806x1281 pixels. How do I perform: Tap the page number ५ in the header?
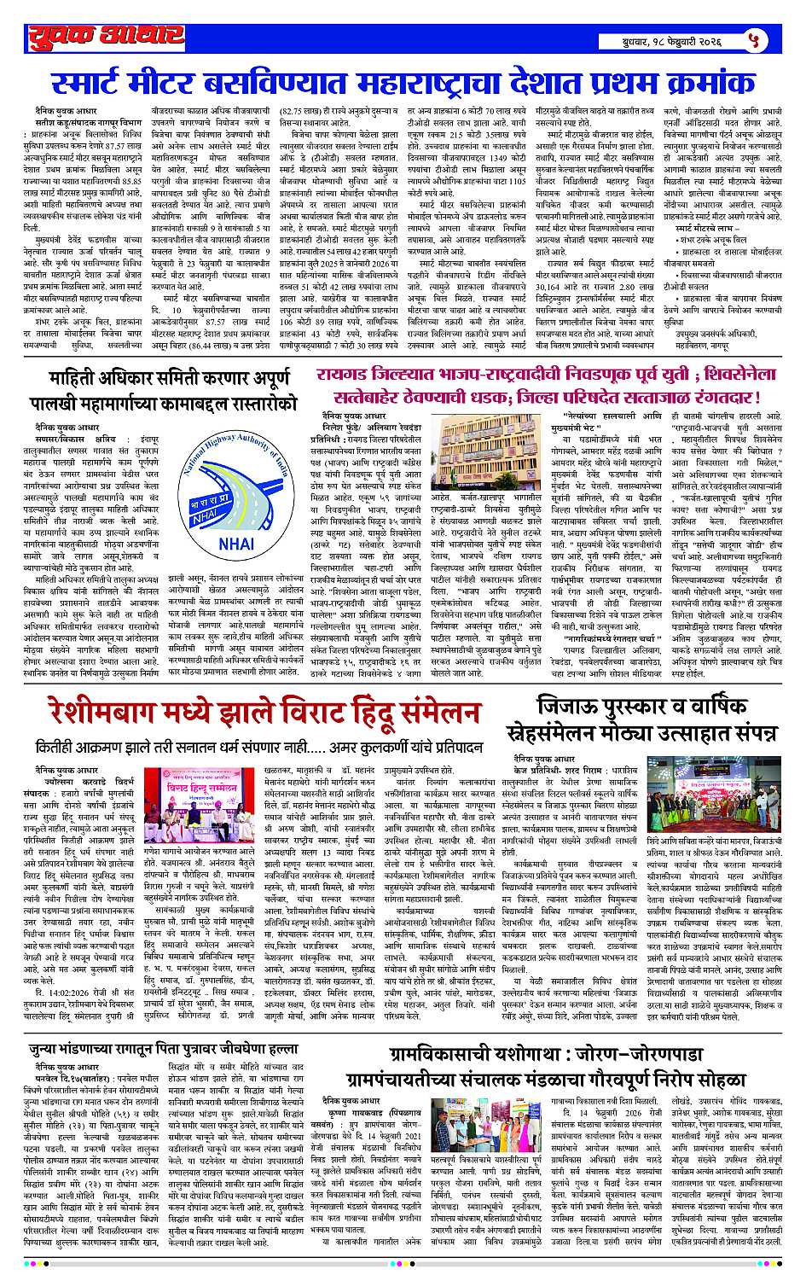pos(751,38)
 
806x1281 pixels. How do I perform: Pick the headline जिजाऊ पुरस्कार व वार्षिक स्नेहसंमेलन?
pos(657,719)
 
